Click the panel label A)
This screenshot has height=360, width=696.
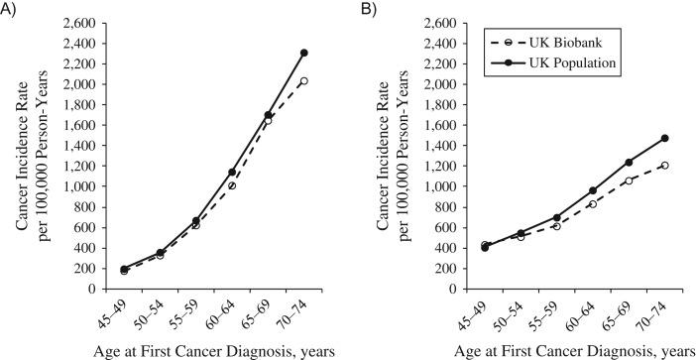point(10,11)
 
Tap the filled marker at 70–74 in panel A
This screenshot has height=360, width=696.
point(304,53)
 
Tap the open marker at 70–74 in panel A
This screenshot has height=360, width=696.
point(304,81)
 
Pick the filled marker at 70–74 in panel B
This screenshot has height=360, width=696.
point(665,138)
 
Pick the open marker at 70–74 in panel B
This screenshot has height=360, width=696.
point(665,166)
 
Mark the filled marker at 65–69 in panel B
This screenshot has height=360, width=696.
point(629,162)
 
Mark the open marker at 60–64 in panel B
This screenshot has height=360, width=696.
point(593,204)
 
